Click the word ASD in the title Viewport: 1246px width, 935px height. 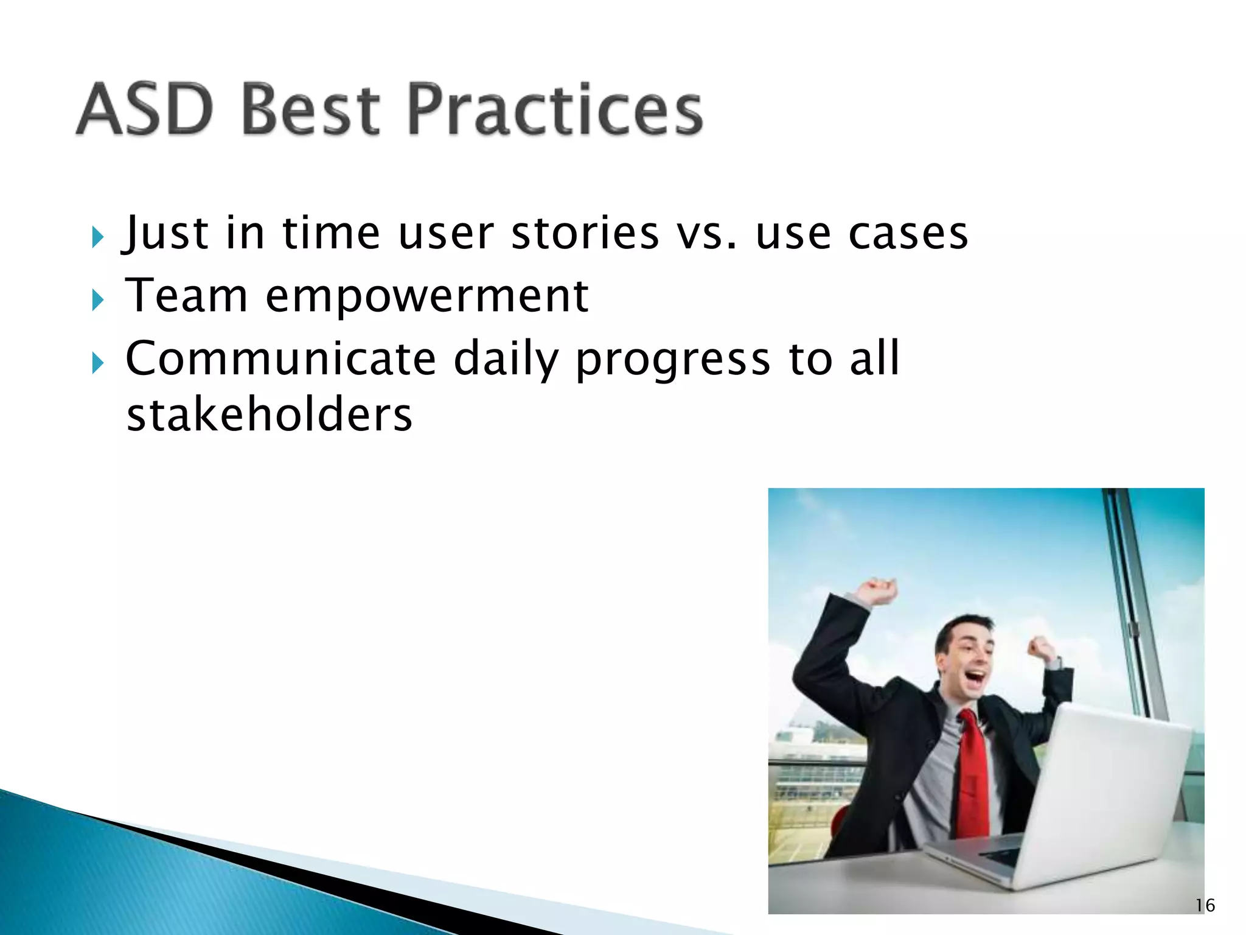tap(145, 110)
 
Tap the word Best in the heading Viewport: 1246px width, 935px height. tap(310, 110)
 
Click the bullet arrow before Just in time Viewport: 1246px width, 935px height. tap(97, 237)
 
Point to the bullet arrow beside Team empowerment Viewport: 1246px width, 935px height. tap(97, 300)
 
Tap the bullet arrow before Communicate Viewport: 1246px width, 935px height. tap(97, 363)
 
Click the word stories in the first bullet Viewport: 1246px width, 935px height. tap(585, 233)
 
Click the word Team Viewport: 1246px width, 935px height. tap(187, 296)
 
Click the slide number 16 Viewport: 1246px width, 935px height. tap(1205, 906)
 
